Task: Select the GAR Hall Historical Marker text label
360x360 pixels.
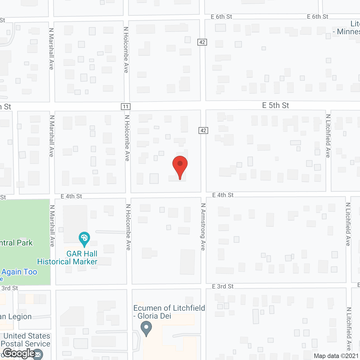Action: [x=67, y=258]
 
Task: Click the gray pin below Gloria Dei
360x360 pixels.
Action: [x=146, y=328]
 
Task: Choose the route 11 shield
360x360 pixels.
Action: [x=126, y=107]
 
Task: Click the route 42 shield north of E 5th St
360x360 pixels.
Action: [x=202, y=42]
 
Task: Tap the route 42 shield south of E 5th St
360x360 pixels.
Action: [x=203, y=130]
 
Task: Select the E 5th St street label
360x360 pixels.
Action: [x=275, y=105]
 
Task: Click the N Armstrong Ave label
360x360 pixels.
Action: [x=203, y=227]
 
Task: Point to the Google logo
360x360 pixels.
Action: [x=19, y=353]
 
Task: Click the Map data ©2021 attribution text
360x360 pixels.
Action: [x=336, y=356]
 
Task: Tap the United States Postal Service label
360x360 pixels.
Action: [x=26, y=340]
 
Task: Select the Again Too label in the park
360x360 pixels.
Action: [x=19, y=272]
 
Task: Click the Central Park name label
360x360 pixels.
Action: [x=16, y=243]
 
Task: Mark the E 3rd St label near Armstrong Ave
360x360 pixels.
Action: [x=223, y=286]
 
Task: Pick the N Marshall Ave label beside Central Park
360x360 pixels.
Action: [x=52, y=226]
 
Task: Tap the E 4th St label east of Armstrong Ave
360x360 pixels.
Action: [x=223, y=195]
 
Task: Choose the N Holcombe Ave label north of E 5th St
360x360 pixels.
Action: [x=126, y=50]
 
